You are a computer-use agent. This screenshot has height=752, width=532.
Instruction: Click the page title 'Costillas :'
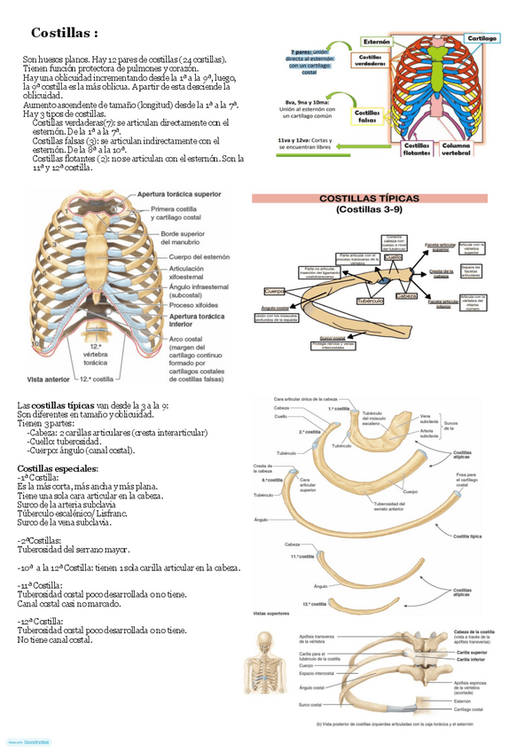click(x=64, y=33)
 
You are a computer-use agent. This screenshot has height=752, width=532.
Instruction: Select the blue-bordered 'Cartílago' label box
click(x=481, y=39)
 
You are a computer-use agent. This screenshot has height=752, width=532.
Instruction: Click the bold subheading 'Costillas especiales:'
click(x=58, y=467)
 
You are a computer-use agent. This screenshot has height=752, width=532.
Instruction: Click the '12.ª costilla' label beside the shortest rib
click(x=310, y=604)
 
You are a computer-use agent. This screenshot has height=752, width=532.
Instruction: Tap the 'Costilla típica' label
click(x=468, y=537)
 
